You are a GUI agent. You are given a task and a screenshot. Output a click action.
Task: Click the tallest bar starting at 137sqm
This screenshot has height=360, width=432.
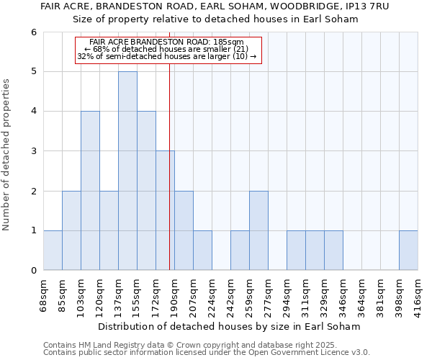tap(127, 171)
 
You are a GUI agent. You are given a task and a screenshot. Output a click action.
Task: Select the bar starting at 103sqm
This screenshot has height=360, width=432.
tap(90, 191)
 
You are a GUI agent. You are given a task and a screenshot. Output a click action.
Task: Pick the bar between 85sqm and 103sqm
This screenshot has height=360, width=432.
tap(71, 230)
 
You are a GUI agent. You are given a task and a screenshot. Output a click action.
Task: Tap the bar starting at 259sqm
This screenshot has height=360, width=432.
tap(258, 230)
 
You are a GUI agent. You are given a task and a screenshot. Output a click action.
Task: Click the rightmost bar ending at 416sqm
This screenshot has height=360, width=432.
tap(408, 251)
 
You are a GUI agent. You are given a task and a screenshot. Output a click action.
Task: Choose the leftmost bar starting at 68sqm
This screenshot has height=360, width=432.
tap(53, 251)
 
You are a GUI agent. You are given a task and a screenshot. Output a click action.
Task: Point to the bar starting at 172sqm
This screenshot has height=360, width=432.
tap(165, 210)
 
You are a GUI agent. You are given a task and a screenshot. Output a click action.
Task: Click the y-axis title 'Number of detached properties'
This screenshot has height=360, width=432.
tap(6, 155)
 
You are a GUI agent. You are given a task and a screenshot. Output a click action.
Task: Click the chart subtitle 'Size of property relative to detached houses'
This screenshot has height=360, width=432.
tap(216, 19)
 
